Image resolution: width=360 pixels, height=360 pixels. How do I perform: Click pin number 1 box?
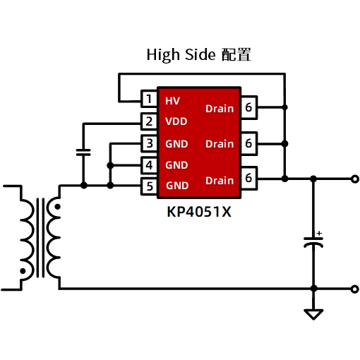149,99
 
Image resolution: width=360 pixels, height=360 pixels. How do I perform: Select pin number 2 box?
149,121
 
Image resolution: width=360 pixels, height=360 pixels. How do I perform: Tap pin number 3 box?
149,143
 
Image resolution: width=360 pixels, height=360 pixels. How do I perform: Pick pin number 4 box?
149,165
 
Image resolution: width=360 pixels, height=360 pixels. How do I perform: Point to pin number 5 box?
149,186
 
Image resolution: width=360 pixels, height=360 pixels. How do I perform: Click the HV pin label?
172,101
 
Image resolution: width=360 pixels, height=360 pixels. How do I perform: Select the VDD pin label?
176,121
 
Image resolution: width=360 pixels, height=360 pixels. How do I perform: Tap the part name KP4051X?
199,212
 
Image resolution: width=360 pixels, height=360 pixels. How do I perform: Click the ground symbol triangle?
313,314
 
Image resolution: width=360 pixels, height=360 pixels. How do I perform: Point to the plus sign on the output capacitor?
319,233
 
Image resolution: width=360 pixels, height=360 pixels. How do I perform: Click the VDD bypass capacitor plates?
83,152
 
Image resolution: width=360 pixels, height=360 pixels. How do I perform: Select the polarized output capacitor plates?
313,242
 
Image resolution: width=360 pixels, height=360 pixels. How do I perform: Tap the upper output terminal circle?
355,179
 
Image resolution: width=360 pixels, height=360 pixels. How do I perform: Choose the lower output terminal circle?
355,289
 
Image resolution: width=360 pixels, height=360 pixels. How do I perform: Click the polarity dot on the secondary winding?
57,207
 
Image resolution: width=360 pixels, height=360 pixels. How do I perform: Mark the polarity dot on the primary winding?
23,271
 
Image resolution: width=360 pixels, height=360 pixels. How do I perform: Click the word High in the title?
163,55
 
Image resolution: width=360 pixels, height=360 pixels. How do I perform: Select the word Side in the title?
200,54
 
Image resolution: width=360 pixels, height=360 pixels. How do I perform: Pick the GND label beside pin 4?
176,165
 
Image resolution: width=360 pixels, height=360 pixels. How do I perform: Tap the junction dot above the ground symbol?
313,289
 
